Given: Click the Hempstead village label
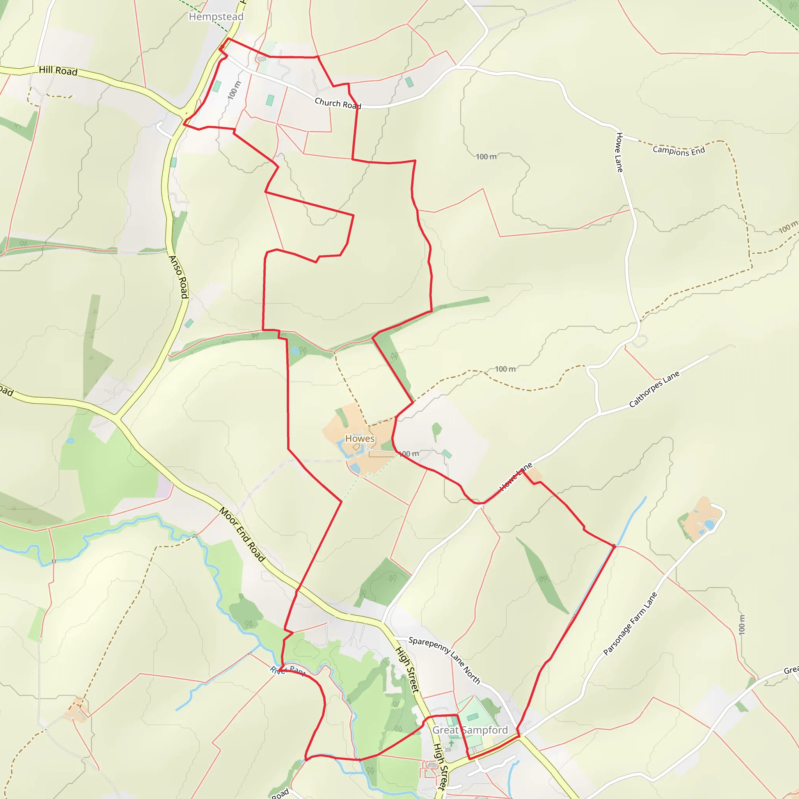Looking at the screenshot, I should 216,16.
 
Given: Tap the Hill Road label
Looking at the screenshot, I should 58,71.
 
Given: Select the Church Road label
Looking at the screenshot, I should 337,103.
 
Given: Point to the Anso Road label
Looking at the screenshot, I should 179,277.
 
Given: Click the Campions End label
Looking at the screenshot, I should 679,151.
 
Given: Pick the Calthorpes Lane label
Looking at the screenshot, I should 654,389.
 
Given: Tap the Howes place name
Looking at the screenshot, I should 360,439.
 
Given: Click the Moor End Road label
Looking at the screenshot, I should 242,534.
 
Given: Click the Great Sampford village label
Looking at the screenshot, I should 470,730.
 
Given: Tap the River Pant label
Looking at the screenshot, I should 288,671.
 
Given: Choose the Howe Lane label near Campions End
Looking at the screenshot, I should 619,152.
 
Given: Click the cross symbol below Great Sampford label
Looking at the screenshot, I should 451,743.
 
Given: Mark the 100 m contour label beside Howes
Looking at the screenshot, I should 409,454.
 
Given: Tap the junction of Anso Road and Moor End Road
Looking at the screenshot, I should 117,417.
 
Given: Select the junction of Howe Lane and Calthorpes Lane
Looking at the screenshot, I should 600,412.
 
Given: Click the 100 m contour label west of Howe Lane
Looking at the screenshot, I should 486,157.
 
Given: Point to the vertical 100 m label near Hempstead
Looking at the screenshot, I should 234,90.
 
